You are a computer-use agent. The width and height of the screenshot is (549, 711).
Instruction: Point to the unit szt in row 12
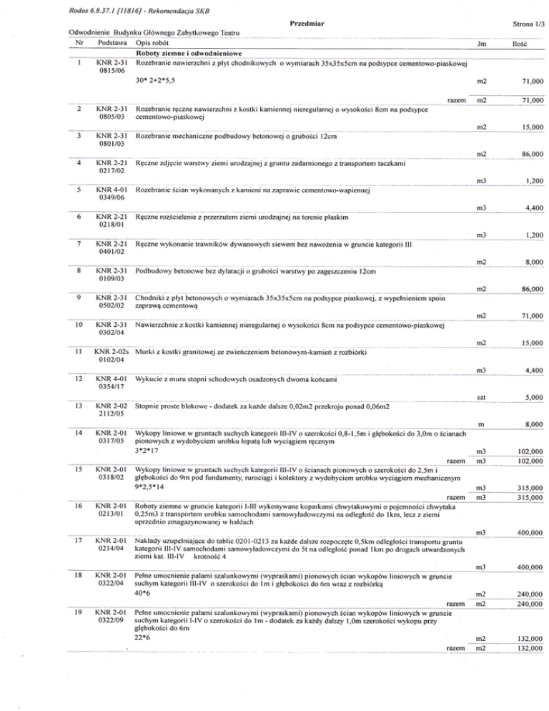[x=481, y=397]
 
